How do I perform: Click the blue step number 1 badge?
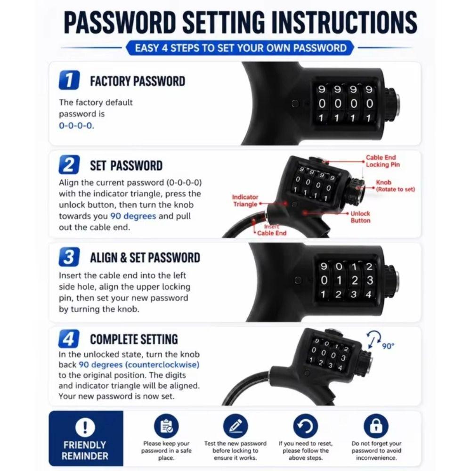[x=69, y=80]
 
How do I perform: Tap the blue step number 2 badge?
[x=69, y=164]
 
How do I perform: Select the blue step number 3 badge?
[x=69, y=257]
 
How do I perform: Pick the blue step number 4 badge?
[x=69, y=339]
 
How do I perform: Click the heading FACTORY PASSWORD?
[x=138, y=81]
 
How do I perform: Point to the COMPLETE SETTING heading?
[x=134, y=339]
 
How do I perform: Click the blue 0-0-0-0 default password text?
[x=76, y=126]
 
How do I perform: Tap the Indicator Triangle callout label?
[x=245, y=200]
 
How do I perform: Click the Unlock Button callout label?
[x=360, y=217]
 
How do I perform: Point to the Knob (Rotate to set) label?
[x=395, y=186]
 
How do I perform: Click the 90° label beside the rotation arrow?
[x=388, y=346]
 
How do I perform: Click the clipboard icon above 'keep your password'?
[x=166, y=426]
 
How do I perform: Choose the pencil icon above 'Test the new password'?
[x=235, y=426]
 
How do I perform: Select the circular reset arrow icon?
[x=305, y=426]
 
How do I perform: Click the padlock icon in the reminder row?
[x=376, y=426]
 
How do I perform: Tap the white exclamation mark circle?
[x=85, y=427]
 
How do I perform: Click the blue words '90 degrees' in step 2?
[x=133, y=216]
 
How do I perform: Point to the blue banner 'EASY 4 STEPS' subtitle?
[x=240, y=48]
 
